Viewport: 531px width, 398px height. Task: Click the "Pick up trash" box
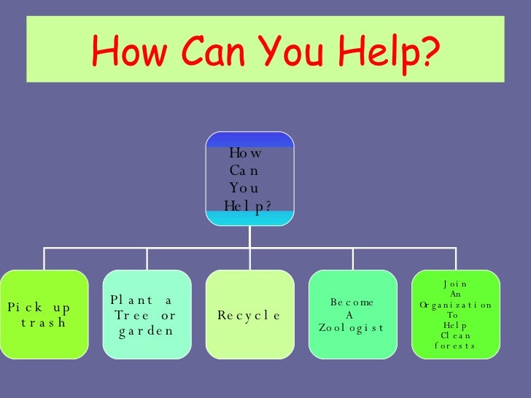(44, 314)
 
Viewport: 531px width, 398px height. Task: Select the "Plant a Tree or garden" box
(147, 314)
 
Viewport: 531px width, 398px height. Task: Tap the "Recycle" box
(249, 314)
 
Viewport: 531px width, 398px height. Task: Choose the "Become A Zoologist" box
(352, 314)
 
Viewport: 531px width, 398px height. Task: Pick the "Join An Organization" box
(456, 314)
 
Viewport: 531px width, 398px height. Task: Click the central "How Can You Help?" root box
(249, 179)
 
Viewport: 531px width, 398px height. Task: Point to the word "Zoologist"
(351, 328)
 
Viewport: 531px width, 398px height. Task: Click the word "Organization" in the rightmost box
(456, 305)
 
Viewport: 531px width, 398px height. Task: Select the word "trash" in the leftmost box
(44, 322)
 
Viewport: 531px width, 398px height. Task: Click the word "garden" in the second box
(146, 331)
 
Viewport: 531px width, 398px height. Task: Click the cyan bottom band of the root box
(249, 217)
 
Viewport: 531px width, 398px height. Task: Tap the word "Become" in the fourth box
(352, 301)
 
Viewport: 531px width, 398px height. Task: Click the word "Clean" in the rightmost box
(456, 335)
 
